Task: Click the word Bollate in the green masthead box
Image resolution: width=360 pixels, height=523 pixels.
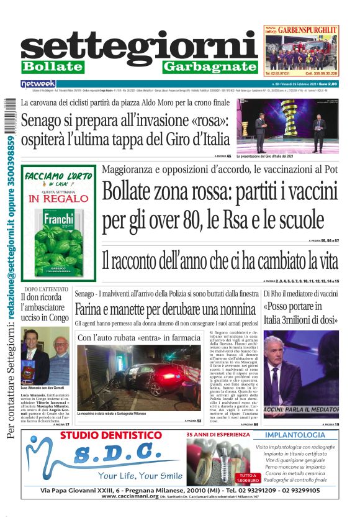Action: [52, 66]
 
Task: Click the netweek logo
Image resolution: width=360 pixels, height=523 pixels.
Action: [38, 83]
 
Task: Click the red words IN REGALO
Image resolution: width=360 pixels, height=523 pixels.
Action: [59, 199]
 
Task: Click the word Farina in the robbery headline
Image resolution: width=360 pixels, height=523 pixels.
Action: [92, 309]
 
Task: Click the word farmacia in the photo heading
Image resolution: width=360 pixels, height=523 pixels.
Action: [182, 337]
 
